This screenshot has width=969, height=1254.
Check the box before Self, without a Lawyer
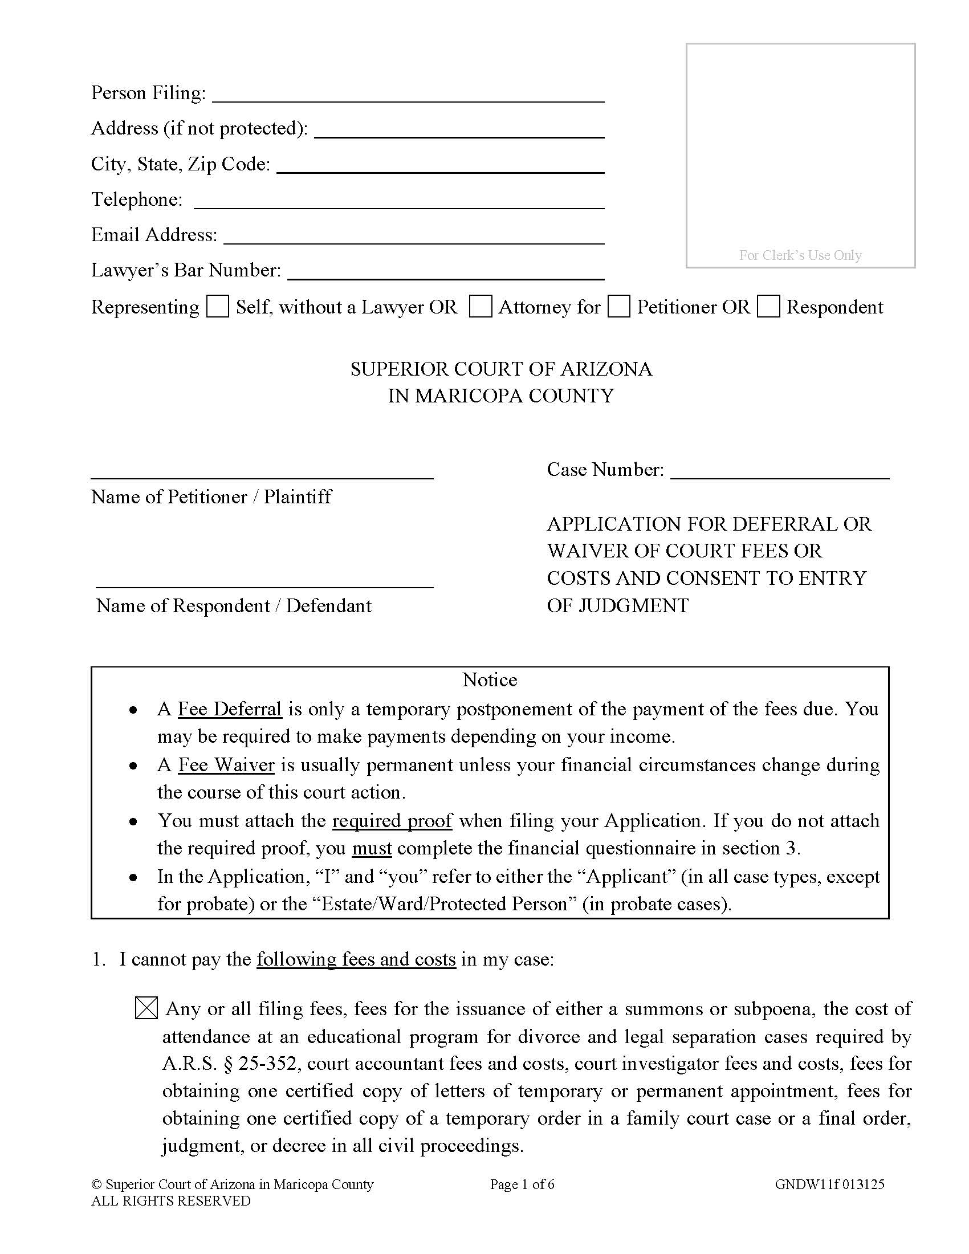pos(218,307)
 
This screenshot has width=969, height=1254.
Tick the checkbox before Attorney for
pos(480,307)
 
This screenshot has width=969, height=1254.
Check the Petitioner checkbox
pos(619,307)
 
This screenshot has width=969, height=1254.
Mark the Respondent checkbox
pos(768,307)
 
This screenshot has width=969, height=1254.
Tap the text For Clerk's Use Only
pos(800,255)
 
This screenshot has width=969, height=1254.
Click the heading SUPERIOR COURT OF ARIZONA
pos(501,369)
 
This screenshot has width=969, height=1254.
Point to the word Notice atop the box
pos(490,680)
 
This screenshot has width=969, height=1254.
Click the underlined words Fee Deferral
pos(230,709)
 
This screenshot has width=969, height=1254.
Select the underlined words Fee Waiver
pos(226,765)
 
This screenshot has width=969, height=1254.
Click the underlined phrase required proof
pos(392,820)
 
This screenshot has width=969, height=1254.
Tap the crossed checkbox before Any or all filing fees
pos(146,1009)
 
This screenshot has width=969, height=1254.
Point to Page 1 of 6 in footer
pos(522,1184)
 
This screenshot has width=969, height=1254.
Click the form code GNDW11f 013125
pos(829,1184)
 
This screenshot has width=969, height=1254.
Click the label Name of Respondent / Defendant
pos(234,606)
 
